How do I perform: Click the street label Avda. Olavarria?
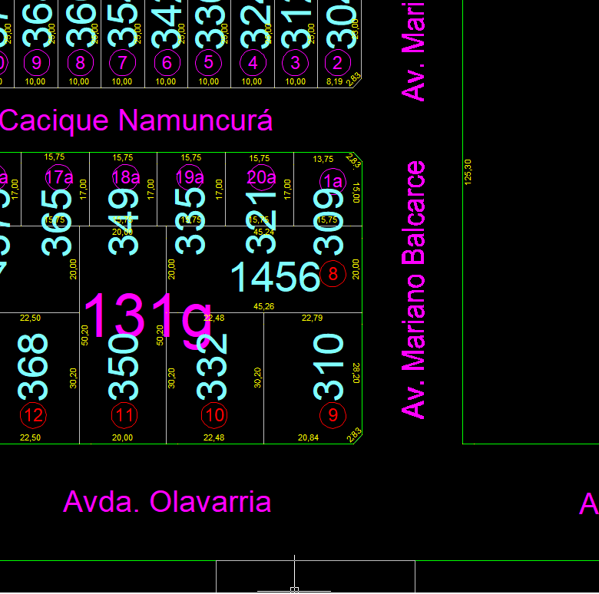[167, 502]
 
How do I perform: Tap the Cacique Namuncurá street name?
[136, 120]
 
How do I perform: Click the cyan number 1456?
[274, 276]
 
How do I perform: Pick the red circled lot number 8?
[333, 274]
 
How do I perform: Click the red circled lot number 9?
[333, 415]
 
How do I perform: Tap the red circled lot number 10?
[214, 415]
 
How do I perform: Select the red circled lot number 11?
[124, 415]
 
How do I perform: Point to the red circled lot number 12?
[34, 415]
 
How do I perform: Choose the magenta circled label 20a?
[261, 177]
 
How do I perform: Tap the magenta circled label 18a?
[126, 177]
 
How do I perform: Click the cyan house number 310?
[329, 367]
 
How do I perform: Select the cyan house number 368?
[35, 367]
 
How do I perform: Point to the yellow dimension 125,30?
[468, 171]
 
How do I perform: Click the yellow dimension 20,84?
[308, 437]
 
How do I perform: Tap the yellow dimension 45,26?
[263, 306]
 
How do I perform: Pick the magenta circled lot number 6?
[166, 62]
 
